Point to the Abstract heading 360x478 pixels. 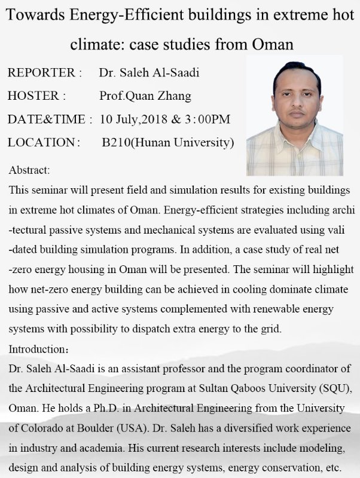click(29, 170)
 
